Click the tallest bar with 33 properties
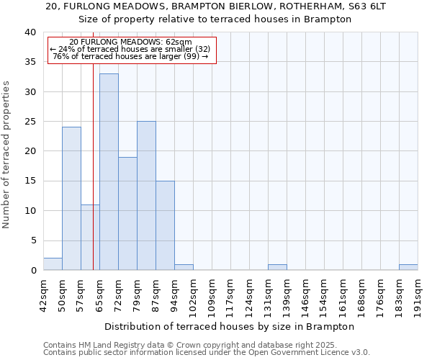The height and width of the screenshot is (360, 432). [109, 172]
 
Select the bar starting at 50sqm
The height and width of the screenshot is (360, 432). [71, 199]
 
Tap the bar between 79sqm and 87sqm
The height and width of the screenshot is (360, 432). [146, 196]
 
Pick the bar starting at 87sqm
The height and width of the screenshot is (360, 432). [165, 225]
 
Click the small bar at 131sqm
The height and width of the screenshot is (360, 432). [277, 267]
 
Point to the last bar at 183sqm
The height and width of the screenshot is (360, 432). [408, 267]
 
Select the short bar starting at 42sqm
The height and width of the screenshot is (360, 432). [53, 264]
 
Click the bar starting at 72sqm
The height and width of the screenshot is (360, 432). [127, 214]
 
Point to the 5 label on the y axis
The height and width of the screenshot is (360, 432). [32, 240]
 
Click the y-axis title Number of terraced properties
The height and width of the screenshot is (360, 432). [7, 154]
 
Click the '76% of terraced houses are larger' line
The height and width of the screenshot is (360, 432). [130, 56]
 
